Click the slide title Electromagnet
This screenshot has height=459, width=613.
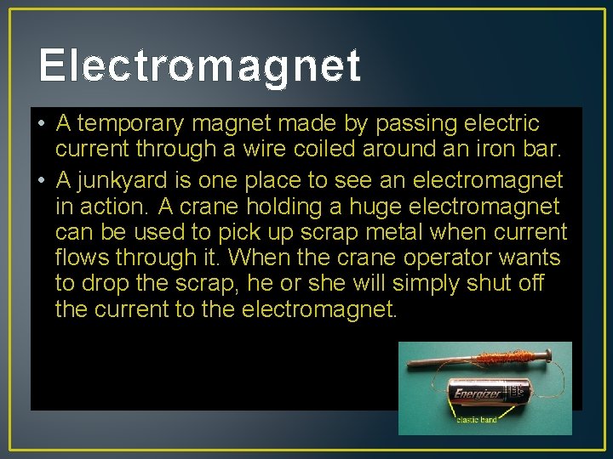[x=199, y=65]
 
